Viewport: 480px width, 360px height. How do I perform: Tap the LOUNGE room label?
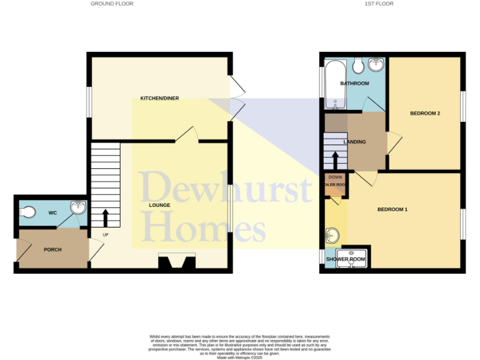160,205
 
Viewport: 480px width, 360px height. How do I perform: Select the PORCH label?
52,250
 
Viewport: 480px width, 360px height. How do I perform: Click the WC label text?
52,213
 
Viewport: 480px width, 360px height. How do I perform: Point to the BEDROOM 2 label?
425,113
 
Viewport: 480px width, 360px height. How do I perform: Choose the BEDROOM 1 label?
392,209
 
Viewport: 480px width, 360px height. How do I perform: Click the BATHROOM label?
354,83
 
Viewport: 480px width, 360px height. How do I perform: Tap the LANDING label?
354,142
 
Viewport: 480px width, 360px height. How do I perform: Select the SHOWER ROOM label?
345,259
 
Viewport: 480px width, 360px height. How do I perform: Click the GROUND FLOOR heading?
112,4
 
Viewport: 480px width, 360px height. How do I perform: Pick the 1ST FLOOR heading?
379,4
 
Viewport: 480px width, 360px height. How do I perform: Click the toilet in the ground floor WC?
27,213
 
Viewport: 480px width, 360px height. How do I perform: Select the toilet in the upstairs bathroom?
358,65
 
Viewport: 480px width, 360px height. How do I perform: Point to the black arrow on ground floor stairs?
105,217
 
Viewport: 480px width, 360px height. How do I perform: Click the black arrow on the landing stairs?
336,160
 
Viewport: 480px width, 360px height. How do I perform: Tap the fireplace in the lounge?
177,262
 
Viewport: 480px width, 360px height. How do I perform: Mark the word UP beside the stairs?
106,235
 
